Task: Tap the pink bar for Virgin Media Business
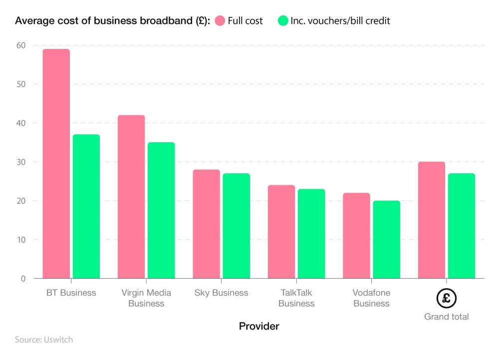coord(131,197)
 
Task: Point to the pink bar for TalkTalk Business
coord(281,232)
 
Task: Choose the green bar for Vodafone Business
coord(387,240)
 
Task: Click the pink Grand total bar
coord(432,220)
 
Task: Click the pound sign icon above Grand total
coord(447,299)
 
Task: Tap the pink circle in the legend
coord(220,20)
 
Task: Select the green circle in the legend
coord(283,20)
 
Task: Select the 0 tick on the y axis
coord(23,279)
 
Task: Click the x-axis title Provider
coord(259,327)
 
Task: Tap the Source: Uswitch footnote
coord(43,340)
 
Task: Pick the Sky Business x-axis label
coord(221,293)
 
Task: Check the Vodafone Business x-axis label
coord(371,298)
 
